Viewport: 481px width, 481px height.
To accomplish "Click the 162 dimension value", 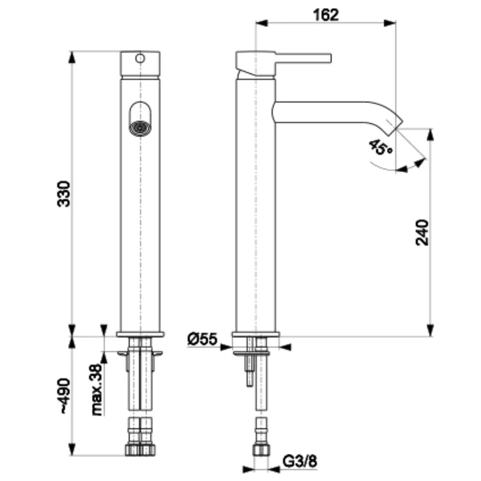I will (x=326, y=15).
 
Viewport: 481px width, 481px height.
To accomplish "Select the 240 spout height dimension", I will (x=421, y=232).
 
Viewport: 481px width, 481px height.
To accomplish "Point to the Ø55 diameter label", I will (x=202, y=340).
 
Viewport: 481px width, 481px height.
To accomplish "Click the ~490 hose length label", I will (x=65, y=396).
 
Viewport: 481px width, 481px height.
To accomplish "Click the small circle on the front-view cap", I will (x=140, y=58).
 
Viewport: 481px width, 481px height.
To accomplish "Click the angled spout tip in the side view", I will (x=396, y=125).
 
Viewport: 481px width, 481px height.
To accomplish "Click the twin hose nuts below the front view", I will (x=140, y=449).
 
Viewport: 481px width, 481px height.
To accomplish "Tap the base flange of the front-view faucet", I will (x=140, y=334).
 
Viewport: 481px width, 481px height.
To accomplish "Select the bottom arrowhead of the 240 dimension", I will (x=430, y=332).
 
